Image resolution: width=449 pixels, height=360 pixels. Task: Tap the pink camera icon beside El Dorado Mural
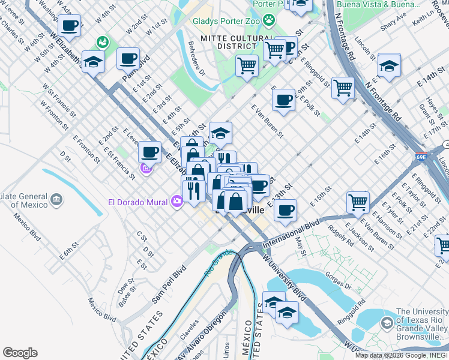[176, 202]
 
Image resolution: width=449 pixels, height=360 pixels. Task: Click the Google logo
[20, 353]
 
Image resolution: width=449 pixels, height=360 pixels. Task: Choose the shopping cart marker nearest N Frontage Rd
[343, 88]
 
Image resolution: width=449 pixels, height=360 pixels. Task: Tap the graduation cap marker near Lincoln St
[389, 66]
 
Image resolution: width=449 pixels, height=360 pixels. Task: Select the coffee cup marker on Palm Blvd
[128, 59]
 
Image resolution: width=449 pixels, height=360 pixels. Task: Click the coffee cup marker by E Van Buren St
[283, 100]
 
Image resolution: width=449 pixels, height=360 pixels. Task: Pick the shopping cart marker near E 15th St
[358, 202]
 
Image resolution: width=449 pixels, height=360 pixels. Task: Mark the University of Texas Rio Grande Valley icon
[387, 323]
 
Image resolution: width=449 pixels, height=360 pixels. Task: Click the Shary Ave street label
[393, 24]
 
